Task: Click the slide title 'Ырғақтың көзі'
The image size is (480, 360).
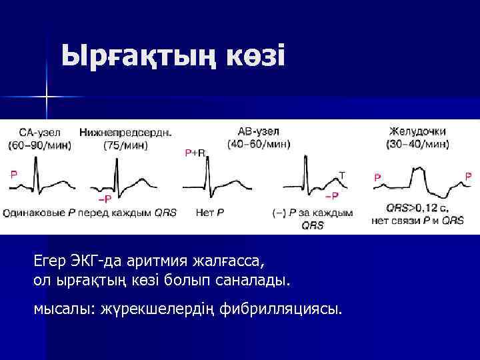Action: tap(173, 56)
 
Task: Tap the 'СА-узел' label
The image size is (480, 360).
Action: tap(39, 133)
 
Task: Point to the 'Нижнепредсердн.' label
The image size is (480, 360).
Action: tap(125, 133)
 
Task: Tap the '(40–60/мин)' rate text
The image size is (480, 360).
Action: tap(259, 143)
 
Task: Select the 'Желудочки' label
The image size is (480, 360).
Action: tap(417, 131)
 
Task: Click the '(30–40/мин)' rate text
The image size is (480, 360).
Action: tap(417, 143)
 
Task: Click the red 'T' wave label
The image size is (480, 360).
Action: tap(342, 175)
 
